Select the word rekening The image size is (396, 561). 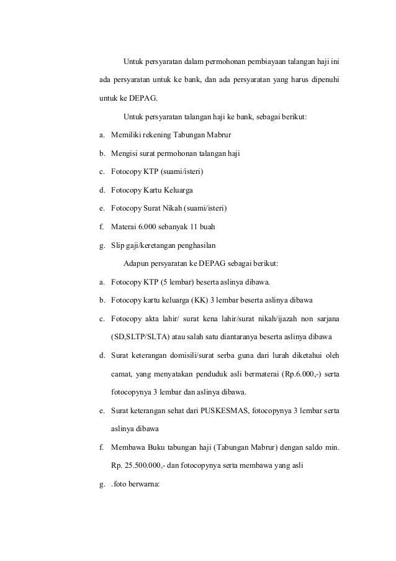160,135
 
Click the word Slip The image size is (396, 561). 117,245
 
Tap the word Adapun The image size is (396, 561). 137,264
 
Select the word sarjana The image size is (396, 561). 325,320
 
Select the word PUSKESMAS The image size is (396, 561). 222,411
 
